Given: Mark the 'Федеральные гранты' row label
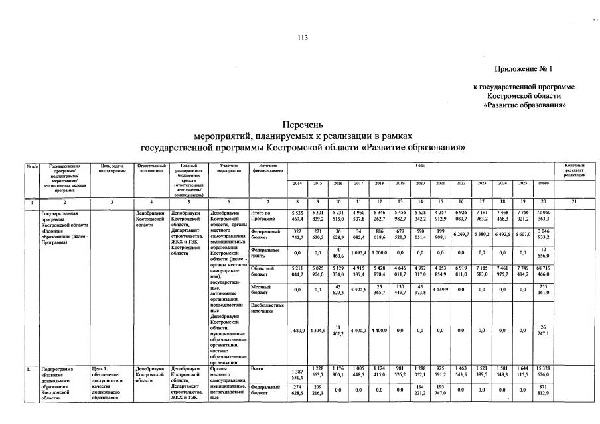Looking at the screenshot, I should tap(263, 253).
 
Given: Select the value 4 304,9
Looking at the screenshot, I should tap(317, 330).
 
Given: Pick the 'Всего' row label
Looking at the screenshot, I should tap(258, 366).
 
